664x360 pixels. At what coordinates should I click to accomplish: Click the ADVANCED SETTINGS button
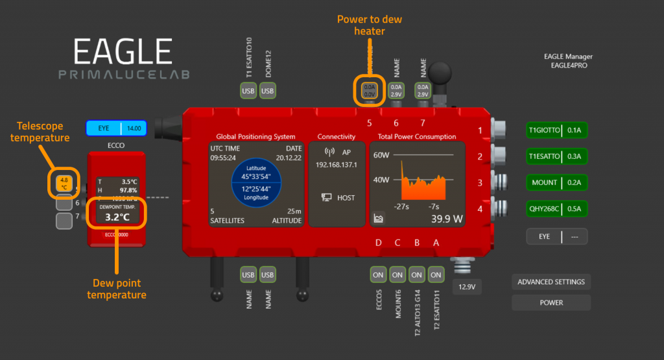(x=551, y=282)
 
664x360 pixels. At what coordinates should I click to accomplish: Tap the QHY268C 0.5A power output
(x=557, y=209)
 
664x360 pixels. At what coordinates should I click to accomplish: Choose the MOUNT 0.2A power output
(x=557, y=182)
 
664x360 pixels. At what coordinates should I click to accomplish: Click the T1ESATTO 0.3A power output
(x=557, y=156)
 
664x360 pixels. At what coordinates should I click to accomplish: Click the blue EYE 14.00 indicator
(x=117, y=128)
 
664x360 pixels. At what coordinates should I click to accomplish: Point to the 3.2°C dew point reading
(x=117, y=217)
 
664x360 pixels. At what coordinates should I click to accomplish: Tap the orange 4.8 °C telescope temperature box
(x=64, y=183)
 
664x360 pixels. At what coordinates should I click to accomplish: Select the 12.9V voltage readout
(x=467, y=286)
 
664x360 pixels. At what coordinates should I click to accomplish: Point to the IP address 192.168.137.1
(x=337, y=165)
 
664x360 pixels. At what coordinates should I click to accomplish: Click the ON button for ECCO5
(x=378, y=275)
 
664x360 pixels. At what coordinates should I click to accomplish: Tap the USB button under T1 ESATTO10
(x=248, y=91)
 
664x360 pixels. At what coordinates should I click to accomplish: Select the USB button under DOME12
(x=268, y=91)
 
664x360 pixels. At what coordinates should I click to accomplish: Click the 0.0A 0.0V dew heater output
(x=370, y=90)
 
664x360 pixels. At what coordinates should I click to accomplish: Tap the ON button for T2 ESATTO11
(x=436, y=275)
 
